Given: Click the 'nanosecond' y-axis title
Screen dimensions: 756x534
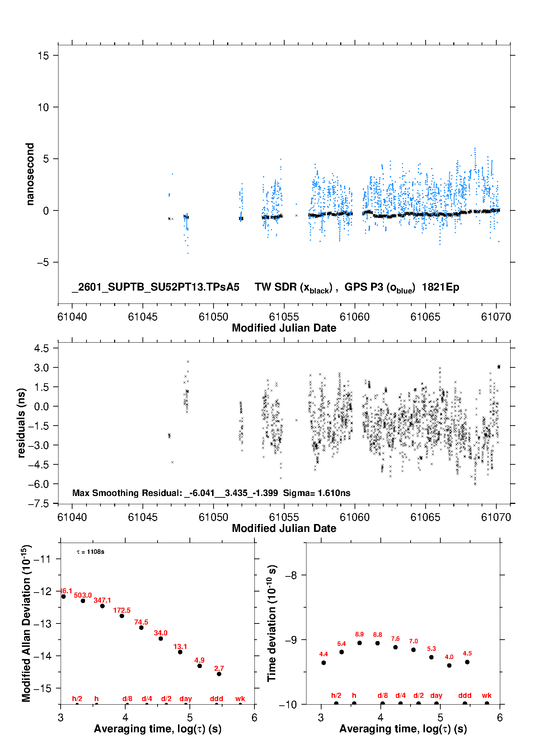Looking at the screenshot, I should click(30, 174).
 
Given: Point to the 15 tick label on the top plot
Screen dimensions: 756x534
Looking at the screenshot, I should click(43, 56).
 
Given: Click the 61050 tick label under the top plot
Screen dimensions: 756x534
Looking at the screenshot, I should click(213, 317).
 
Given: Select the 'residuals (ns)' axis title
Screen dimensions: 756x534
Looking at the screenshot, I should click(21, 423).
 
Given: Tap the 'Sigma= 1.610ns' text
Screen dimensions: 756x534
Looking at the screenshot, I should click(317, 493).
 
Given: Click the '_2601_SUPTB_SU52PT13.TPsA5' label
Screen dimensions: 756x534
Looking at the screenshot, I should click(155, 287).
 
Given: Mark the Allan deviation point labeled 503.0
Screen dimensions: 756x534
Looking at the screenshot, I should click(83, 601).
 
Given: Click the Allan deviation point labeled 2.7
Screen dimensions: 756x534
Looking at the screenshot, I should click(219, 674).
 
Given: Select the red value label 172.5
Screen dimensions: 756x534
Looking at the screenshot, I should click(122, 610).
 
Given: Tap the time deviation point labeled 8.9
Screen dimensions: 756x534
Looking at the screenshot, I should click(359, 643).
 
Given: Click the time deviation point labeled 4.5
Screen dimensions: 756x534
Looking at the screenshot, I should click(467, 662).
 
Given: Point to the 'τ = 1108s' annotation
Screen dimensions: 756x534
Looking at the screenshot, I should click(90, 552).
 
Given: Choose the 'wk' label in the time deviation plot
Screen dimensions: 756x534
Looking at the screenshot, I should click(487, 696).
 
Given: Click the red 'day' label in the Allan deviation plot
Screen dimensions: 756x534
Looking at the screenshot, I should click(186, 699).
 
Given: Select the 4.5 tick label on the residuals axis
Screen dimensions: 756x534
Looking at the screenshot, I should click(41, 348).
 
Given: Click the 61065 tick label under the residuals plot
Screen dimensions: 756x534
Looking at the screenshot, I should click(425, 517).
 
